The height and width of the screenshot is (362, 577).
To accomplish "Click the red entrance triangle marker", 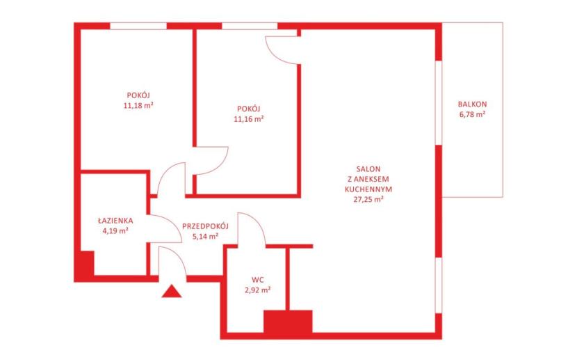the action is [x=172, y=292].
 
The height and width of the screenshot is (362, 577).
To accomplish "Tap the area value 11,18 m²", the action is [x=138, y=106].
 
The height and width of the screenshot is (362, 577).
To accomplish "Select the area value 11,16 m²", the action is [x=249, y=119].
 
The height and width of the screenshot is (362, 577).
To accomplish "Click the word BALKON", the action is [x=473, y=104].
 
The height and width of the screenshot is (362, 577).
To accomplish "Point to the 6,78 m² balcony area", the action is [x=472, y=114].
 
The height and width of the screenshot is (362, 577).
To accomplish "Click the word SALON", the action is [x=368, y=169].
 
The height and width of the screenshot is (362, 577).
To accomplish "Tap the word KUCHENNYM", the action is [x=368, y=189].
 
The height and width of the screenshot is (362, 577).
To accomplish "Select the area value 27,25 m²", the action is [x=368, y=199].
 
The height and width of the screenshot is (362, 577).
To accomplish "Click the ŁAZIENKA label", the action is [x=115, y=221].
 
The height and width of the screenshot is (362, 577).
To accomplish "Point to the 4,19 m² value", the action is [x=115, y=231].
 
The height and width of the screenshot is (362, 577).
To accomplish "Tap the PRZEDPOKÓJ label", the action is [x=205, y=226].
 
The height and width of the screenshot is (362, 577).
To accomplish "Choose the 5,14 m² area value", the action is [x=205, y=236].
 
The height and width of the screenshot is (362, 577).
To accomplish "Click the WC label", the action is [x=258, y=280].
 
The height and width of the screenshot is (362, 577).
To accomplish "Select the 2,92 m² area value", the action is [x=258, y=290].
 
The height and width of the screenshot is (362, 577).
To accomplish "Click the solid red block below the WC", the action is [x=288, y=322].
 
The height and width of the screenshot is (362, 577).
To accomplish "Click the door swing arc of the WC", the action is [x=256, y=221].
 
